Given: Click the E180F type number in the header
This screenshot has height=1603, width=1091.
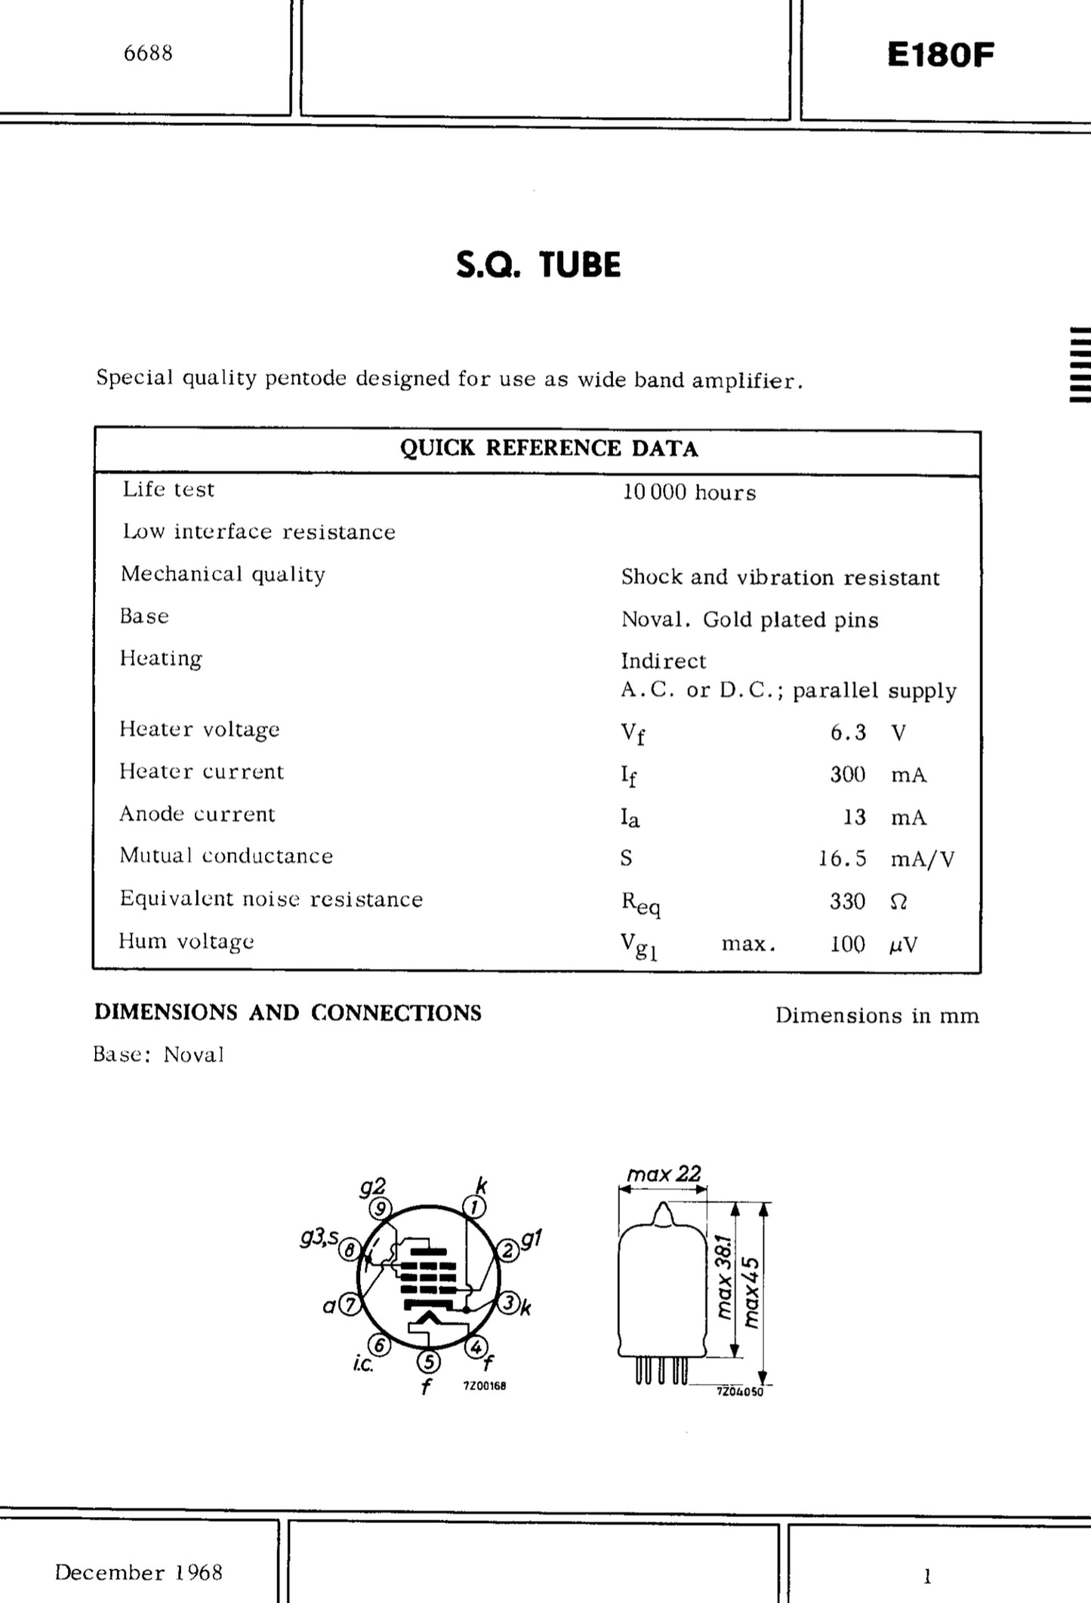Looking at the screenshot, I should [940, 54].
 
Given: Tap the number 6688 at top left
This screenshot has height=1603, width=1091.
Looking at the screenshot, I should [148, 53].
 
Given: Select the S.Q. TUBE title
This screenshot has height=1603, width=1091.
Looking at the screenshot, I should [538, 265].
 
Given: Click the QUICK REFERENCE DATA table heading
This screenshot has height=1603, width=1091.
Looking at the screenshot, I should [549, 448].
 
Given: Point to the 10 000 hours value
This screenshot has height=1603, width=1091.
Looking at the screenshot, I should [689, 493].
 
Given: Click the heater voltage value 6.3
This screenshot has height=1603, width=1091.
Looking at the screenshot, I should [848, 732].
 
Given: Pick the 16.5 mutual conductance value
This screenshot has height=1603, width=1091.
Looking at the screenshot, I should [843, 859].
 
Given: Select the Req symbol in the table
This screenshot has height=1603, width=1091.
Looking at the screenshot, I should [640, 903].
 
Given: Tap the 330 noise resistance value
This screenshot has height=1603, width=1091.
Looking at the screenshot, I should [847, 901].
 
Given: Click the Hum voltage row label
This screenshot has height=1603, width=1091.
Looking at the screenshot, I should [186, 941].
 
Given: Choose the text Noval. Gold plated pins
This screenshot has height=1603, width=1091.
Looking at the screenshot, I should [750, 620].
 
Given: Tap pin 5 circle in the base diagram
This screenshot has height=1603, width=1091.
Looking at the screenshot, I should [428, 1361].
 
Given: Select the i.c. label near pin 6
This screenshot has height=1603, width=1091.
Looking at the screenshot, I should [363, 1365].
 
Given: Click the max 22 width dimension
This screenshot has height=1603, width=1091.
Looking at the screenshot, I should [664, 1174].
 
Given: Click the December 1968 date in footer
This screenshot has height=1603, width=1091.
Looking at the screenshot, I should [139, 1572].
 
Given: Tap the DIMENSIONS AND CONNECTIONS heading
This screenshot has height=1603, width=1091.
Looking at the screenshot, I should [288, 1013].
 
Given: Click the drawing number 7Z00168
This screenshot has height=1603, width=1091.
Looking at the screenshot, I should [484, 1386].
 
